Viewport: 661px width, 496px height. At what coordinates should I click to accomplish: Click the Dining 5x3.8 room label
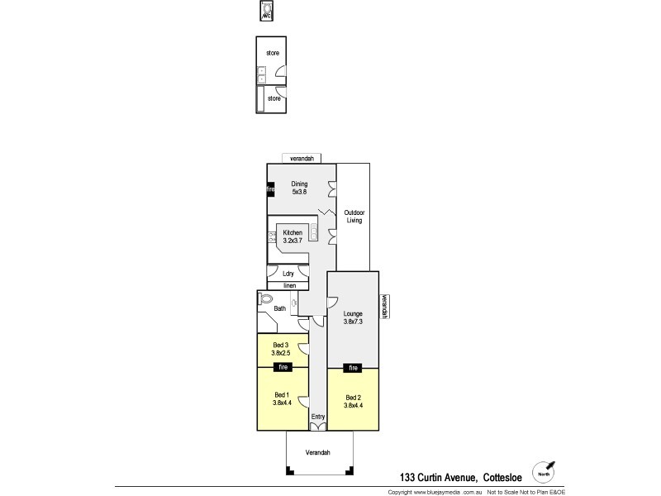click(299, 188)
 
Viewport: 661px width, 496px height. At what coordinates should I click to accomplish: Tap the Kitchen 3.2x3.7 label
click(292, 236)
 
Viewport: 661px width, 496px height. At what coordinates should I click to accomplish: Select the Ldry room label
click(288, 273)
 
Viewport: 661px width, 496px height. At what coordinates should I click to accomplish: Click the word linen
click(289, 286)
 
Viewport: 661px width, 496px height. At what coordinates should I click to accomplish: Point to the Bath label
click(279, 309)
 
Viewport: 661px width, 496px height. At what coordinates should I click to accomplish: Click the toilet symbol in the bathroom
click(265, 299)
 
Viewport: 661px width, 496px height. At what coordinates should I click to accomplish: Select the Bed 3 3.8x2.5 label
click(281, 349)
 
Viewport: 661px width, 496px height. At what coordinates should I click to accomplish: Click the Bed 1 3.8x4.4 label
click(283, 399)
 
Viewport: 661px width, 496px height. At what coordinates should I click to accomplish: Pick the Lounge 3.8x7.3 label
click(354, 318)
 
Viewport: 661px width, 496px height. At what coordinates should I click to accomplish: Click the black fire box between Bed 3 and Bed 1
click(283, 366)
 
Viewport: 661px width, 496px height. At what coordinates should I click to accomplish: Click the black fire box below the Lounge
click(354, 367)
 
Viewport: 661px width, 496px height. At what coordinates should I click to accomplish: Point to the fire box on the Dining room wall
click(269, 189)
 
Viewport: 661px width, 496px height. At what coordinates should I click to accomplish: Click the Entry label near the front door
click(318, 417)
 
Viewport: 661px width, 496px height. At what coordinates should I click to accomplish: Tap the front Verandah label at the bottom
click(317, 453)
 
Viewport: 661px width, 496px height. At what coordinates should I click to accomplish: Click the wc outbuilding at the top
click(267, 13)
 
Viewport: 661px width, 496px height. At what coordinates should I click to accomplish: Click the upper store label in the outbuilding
click(273, 53)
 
